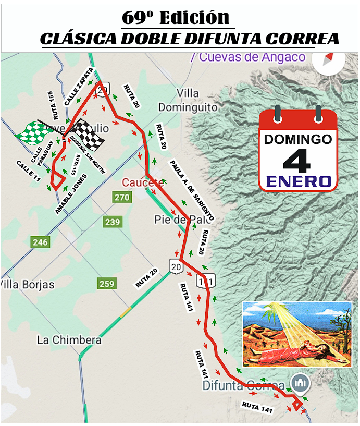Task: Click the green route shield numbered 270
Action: click(x=122, y=197)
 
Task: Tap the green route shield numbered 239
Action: click(x=113, y=222)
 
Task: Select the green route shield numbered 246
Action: click(x=40, y=242)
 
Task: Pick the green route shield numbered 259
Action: click(x=106, y=284)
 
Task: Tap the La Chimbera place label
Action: click(x=69, y=340)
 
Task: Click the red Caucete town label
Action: click(x=143, y=182)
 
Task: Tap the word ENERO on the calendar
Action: click(x=298, y=181)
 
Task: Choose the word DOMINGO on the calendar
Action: click(x=297, y=140)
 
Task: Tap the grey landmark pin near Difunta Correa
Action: click(x=300, y=383)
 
